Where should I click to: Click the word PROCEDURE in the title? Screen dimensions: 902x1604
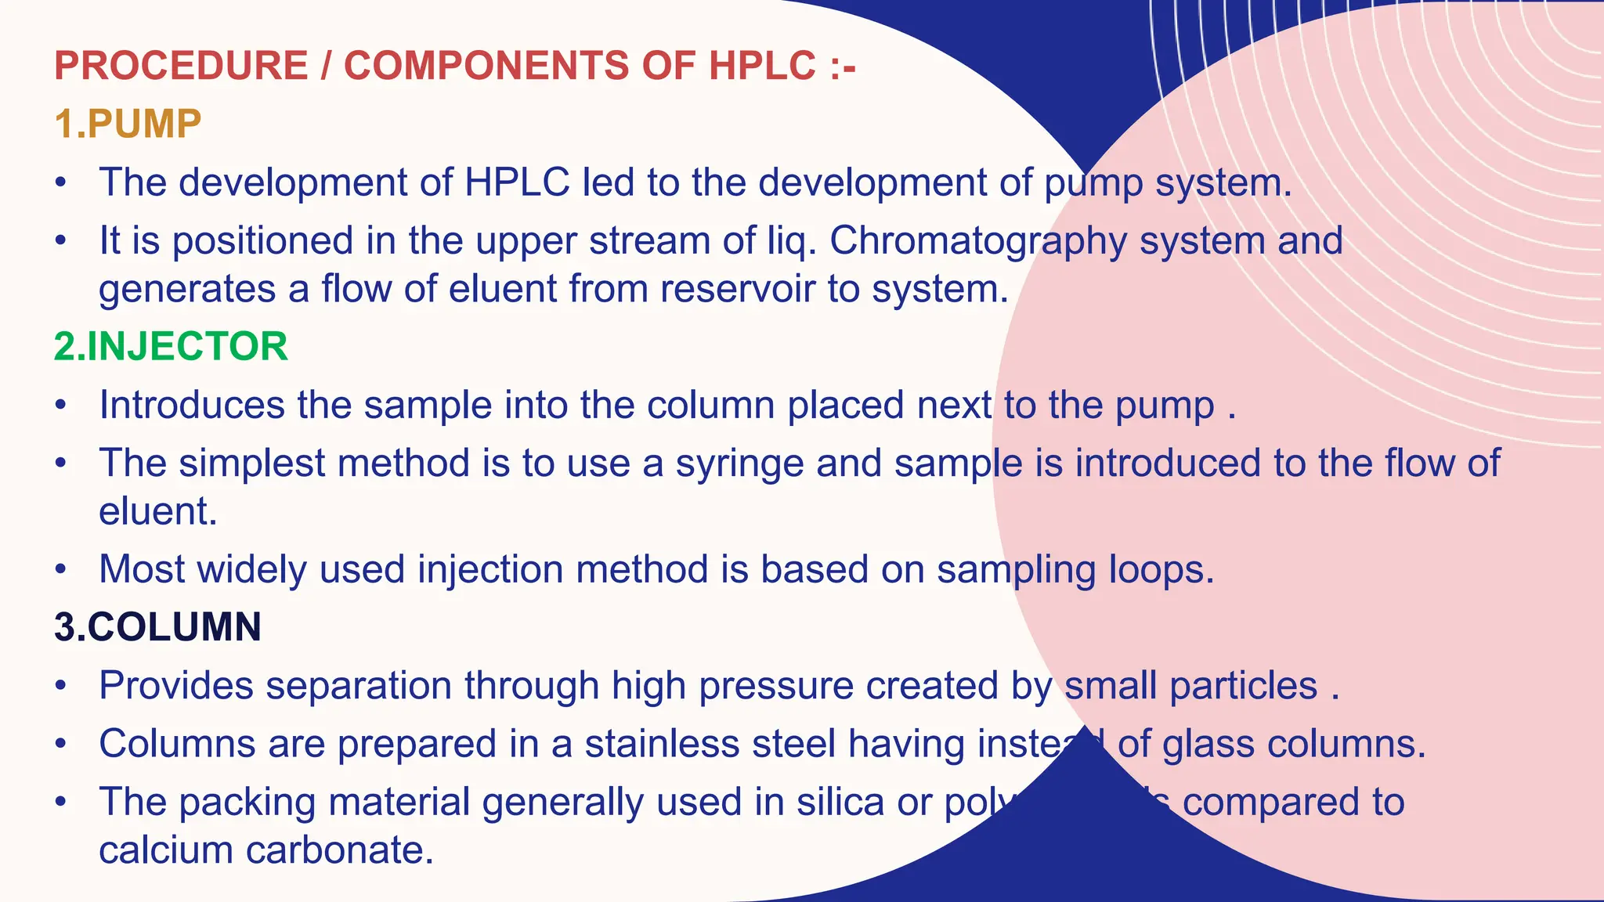pos(181,66)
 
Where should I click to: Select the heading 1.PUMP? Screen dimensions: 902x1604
pos(128,124)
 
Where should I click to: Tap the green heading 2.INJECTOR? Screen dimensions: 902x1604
pos(171,347)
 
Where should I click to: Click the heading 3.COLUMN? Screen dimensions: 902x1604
pos(157,627)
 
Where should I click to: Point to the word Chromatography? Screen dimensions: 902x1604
pos(978,241)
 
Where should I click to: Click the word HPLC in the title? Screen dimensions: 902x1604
pos(762,66)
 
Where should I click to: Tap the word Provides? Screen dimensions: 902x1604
pos(176,686)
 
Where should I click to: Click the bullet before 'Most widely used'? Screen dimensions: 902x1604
pos(61,570)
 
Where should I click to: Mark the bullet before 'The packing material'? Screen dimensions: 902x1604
pos(61,803)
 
